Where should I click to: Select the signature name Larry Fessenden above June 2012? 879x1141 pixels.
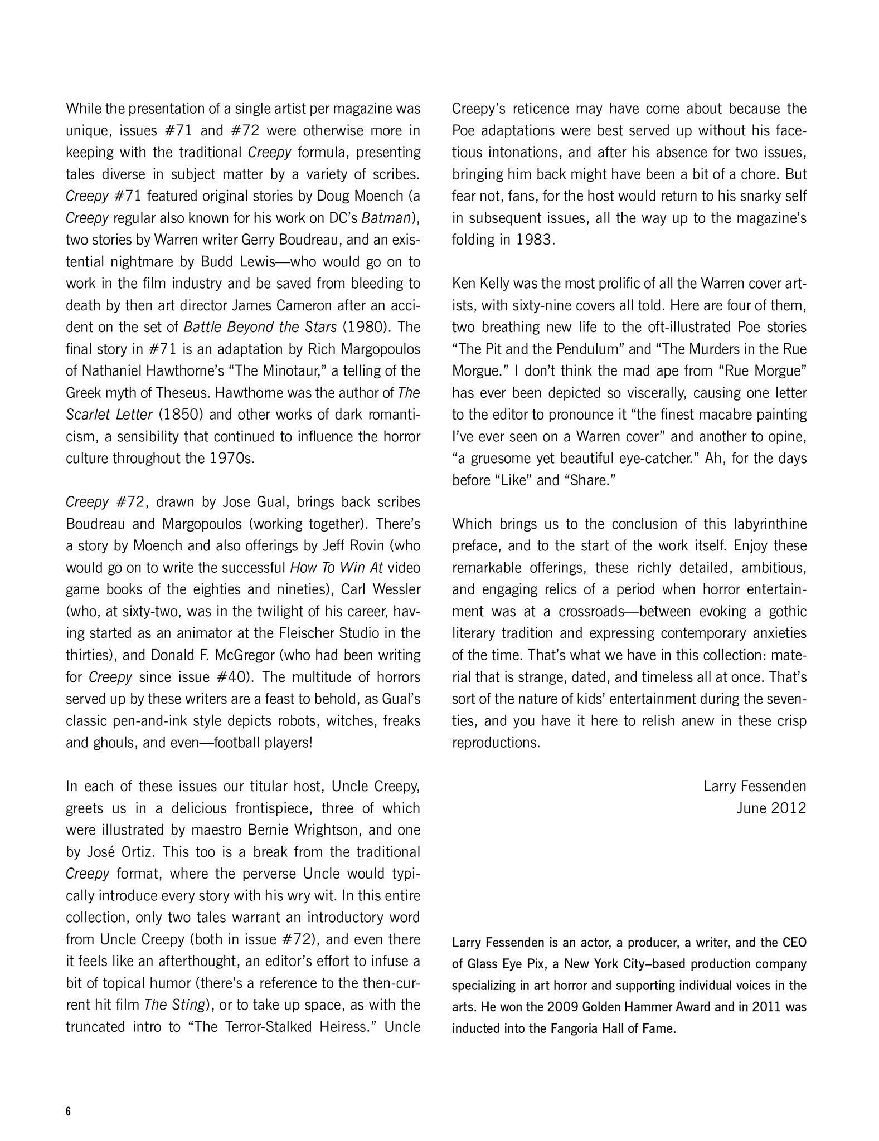tap(755, 786)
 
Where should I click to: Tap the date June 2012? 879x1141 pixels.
tap(771, 808)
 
